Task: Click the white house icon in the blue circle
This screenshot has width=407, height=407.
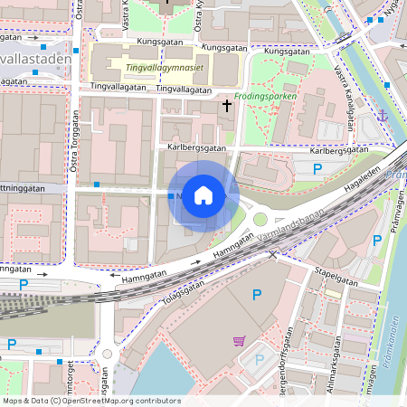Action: tap(203, 194)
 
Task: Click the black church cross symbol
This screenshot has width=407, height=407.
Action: tap(226, 107)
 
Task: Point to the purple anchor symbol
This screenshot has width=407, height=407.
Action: tap(383, 116)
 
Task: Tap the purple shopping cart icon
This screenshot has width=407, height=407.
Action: tap(240, 341)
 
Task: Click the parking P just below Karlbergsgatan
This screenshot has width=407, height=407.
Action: tap(317, 169)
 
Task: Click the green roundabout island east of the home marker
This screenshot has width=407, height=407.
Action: tap(260, 218)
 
